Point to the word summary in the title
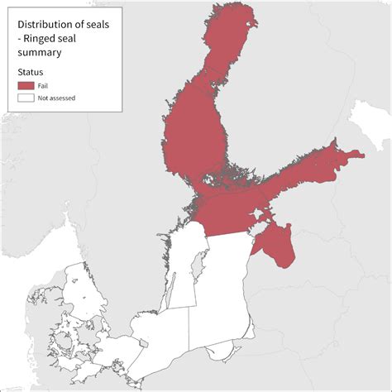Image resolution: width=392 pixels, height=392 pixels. (40, 52)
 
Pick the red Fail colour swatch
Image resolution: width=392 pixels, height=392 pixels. (26, 85)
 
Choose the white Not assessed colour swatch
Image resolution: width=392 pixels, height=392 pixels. (26, 98)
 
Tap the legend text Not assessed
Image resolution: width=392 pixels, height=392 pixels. (57, 98)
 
